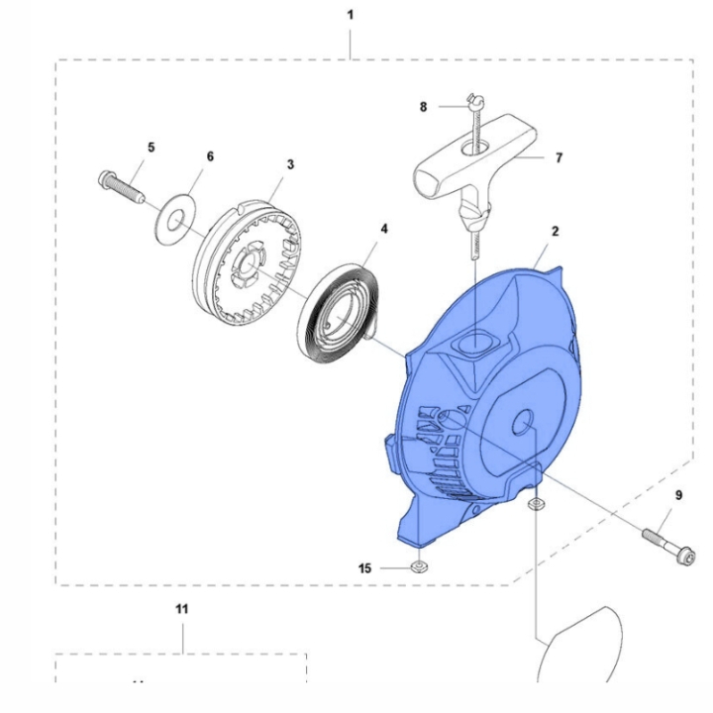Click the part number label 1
(x=350, y=17)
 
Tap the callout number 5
(x=152, y=147)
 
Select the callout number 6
(x=209, y=156)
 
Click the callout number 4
(x=383, y=228)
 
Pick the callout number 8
(x=423, y=106)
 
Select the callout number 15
(x=365, y=567)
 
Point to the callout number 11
(x=181, y=609)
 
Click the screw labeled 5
(x=120, y=186)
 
